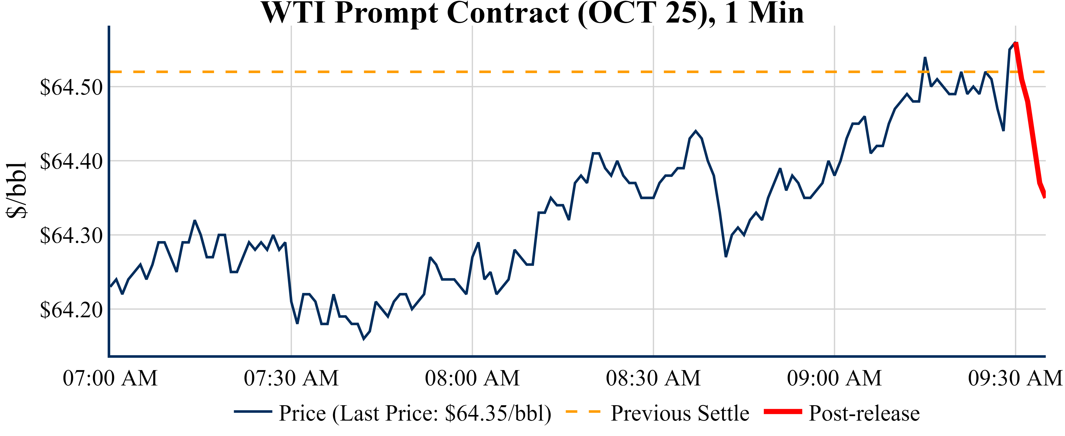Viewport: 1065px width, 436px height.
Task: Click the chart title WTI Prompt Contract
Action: coord(533,13)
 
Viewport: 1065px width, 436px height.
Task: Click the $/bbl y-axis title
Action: coord(17,190)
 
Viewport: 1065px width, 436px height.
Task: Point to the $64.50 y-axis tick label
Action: coord(71,87)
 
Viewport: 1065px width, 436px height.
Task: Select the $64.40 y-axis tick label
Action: coord(71,161)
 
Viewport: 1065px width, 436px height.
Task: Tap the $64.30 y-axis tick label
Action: coord(71,235)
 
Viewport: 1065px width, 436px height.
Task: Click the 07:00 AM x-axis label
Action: coord(110,378)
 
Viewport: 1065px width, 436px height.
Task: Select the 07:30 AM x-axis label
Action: coord(291,378)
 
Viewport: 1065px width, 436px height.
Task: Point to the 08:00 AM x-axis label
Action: coord(472,378)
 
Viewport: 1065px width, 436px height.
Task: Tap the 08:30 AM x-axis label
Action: coord(653,378)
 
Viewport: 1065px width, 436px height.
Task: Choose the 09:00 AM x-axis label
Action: coord(834,378)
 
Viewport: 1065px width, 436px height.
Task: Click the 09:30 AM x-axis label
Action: coord(1015,378)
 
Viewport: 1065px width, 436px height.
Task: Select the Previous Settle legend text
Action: coord(680,413)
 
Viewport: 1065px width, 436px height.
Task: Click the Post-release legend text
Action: coord(864,413)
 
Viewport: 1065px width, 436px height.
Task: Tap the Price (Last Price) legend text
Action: coord(415,413)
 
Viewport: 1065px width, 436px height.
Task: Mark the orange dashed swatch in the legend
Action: coord(583,412)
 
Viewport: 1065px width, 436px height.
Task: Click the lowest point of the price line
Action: coord(364,339)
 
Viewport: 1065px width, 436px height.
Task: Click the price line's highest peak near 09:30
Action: coord(1015,43)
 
